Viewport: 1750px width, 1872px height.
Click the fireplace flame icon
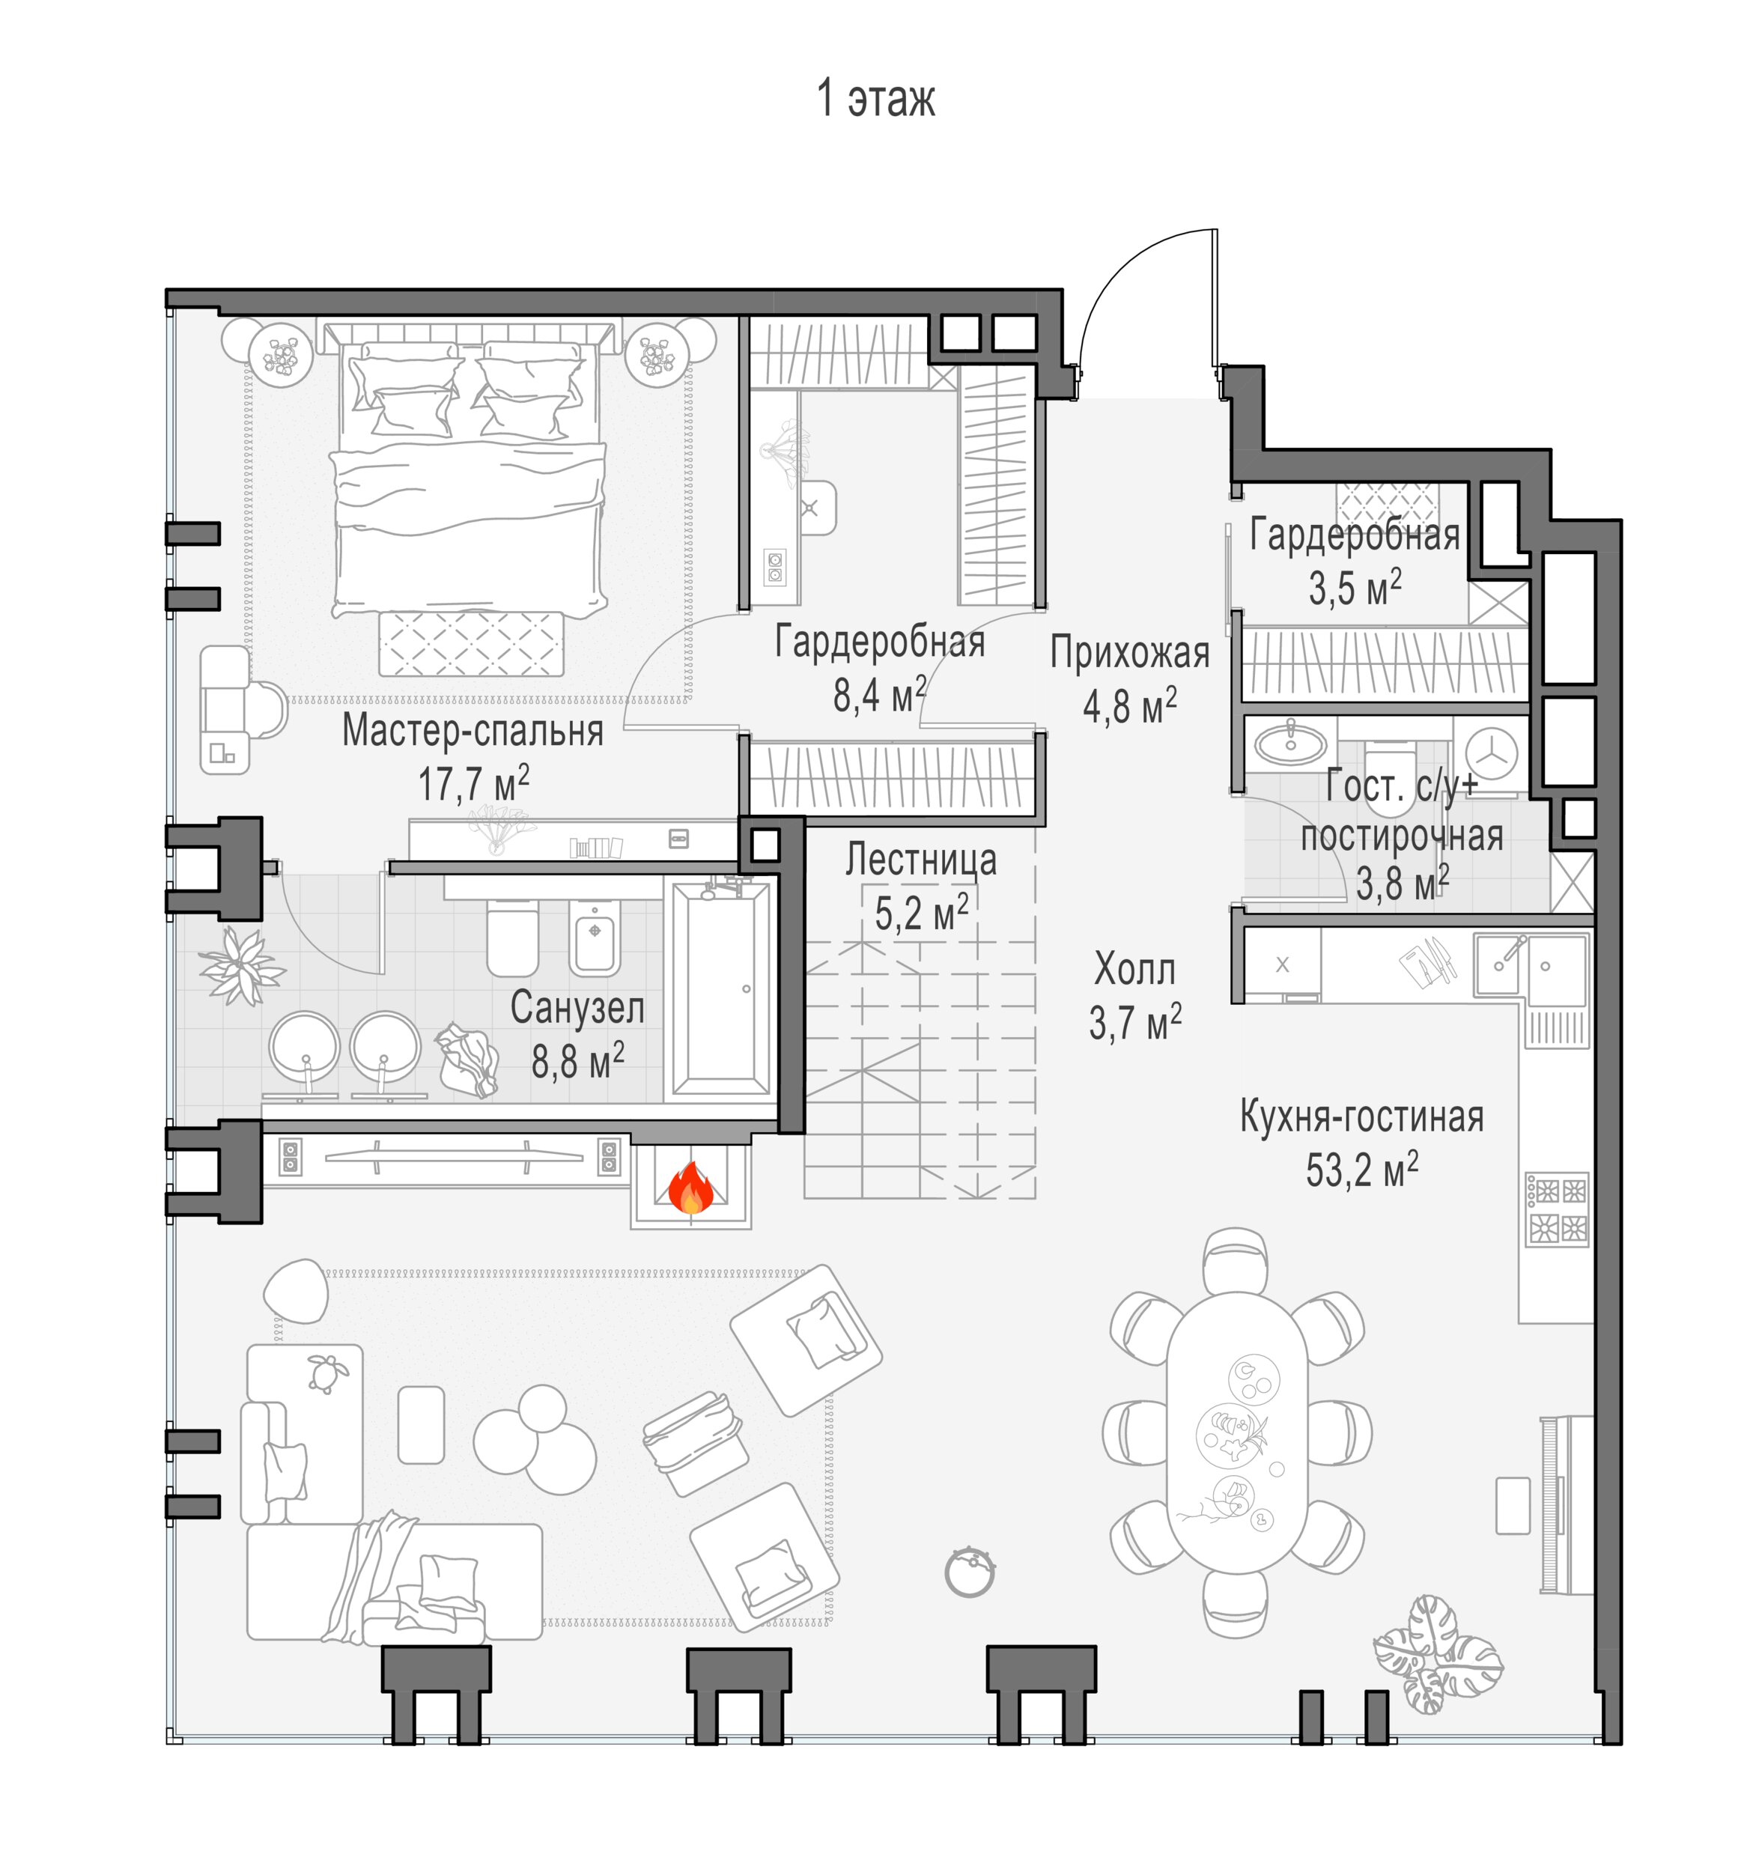(x=690, y=1188)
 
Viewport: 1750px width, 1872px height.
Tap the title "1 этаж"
(x=875, y=99)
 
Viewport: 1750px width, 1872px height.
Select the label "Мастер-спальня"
(x=473, y=731)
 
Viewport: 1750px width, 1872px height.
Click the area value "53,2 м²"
(x=1362, y=1170)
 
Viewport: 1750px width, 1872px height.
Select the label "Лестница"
(x=920, y=860)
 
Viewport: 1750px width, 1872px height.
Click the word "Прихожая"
(x=1130, y=652)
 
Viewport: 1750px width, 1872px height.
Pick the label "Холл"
(x=1135, y=969)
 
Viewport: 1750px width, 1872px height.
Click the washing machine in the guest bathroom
(x=1490, y=756)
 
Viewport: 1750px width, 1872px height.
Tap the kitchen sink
(x=1531, y=966)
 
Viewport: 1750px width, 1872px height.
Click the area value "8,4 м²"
(x=880, y=695)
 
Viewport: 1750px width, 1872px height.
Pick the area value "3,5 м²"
(x=1355, y=589)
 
